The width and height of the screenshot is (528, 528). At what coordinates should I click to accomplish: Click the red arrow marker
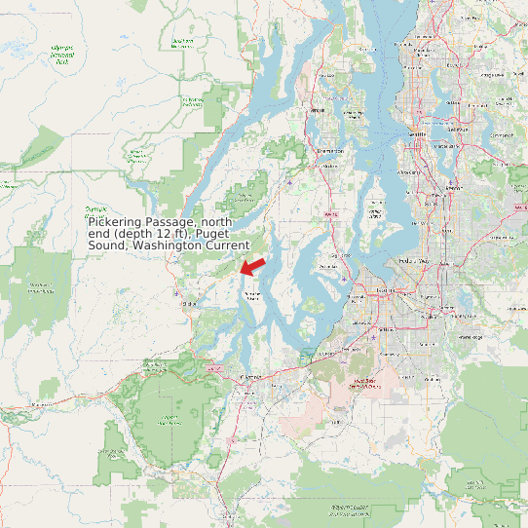click(x=252, y=264)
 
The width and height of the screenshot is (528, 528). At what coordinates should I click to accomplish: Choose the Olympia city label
click(x=250, y=376)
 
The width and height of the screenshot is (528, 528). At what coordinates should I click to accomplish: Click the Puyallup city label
click(x=425, y=313)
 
